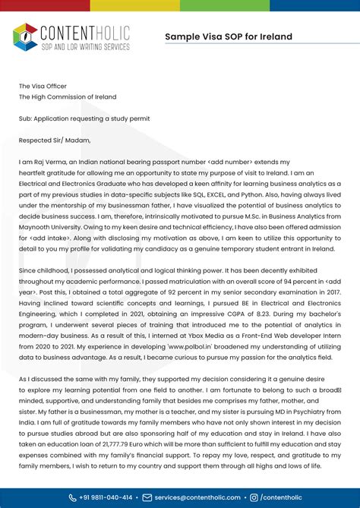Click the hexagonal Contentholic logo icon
coord(25,36)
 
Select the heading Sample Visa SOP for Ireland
coord(228,36)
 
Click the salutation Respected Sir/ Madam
coord(55,140)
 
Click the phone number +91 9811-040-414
coord(106,497)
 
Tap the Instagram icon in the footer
coord(254,497)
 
